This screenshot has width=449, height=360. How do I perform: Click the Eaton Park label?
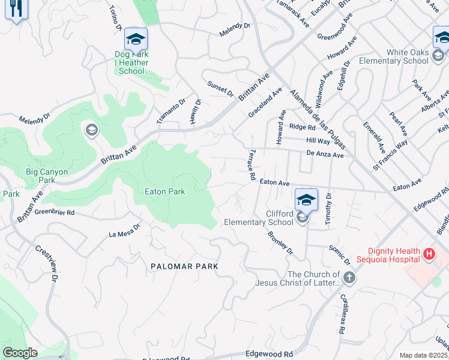pos(165,191)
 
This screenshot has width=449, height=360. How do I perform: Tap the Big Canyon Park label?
pos(47,176)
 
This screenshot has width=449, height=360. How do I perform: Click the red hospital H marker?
pos(429,254)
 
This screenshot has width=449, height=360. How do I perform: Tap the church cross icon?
pos(350,278)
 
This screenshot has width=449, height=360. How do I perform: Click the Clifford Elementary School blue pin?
pos(306,200)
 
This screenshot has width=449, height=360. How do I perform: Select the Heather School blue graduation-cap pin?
pos(136,40)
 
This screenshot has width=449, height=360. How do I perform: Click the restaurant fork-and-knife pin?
pos(16,8)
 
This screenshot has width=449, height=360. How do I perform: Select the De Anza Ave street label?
pos(324,154)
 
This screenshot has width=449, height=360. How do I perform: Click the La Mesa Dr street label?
pos(124,230)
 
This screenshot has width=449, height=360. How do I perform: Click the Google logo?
pos(20,353)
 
